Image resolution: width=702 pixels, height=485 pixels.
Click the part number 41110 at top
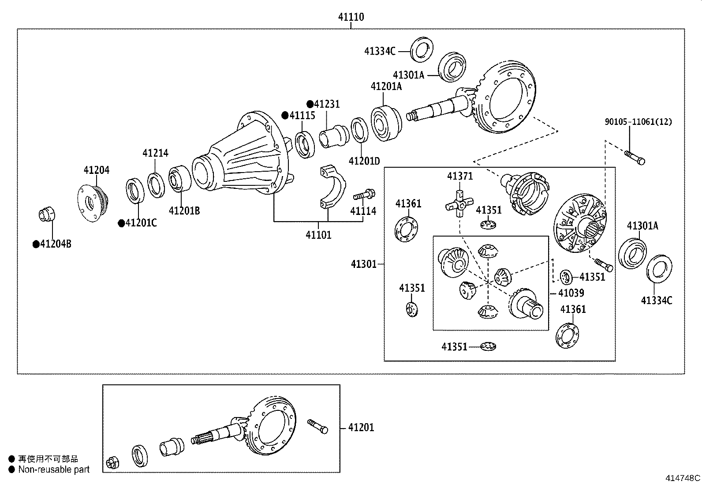coord(351,17)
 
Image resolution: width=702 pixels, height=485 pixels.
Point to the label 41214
coord(155,153)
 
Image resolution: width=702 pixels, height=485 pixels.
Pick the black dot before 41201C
coord(121,223)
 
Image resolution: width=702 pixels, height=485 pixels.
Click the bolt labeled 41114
coord(364,194)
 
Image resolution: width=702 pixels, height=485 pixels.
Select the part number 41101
coord(318,235)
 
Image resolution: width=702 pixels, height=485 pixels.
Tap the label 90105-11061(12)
coord(638,122)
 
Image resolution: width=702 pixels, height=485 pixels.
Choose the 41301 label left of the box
coord(364,264)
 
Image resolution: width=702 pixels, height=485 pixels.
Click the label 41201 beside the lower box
coord(361,427)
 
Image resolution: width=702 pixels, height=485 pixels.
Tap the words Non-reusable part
coord(53,470)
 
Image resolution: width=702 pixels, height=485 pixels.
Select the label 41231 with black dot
coord(327,104)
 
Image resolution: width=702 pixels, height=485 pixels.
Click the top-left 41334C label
coord(379,51)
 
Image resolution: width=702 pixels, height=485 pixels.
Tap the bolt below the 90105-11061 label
coord(635,157)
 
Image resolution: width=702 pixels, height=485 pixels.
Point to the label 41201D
coord(364,161)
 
